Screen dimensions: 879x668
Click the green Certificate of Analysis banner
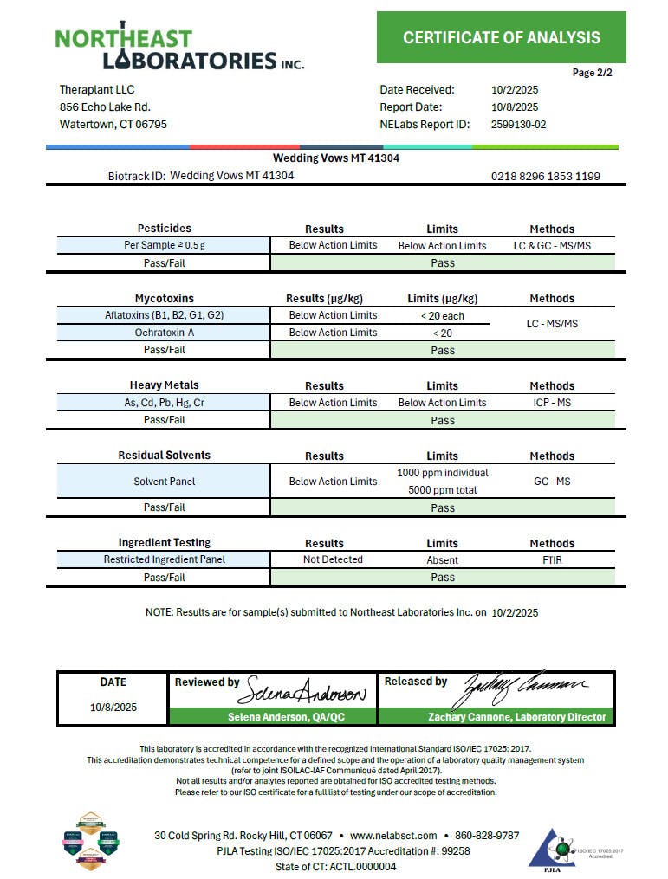tap(501, 37)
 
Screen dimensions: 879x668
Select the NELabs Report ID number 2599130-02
tap(518, 124)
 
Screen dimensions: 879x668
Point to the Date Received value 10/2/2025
tap(515, 89)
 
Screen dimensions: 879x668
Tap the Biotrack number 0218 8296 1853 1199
tap(545, 176)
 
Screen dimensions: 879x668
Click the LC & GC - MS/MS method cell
tap(552, 245)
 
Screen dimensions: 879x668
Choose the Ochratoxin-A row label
tap(164, 333)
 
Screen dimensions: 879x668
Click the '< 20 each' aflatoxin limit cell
tap(442, 316)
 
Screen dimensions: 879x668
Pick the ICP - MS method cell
tap(552, 403)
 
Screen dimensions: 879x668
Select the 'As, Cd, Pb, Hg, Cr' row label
tap(164, 403)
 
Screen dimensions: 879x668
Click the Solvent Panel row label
tap(164, 482)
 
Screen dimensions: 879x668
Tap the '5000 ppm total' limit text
tap(442, 490)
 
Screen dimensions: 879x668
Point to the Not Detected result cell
tap(333, 559)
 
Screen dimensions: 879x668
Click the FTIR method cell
tap(552, 560)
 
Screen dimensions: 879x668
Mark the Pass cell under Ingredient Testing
tap(442, 577)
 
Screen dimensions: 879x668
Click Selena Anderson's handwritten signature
tap(308, 690)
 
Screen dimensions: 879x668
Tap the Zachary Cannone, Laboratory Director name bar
tap(496, 717)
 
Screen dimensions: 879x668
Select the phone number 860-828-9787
tap(487, 835)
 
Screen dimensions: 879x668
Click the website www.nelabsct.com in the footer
tap(393, 835)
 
